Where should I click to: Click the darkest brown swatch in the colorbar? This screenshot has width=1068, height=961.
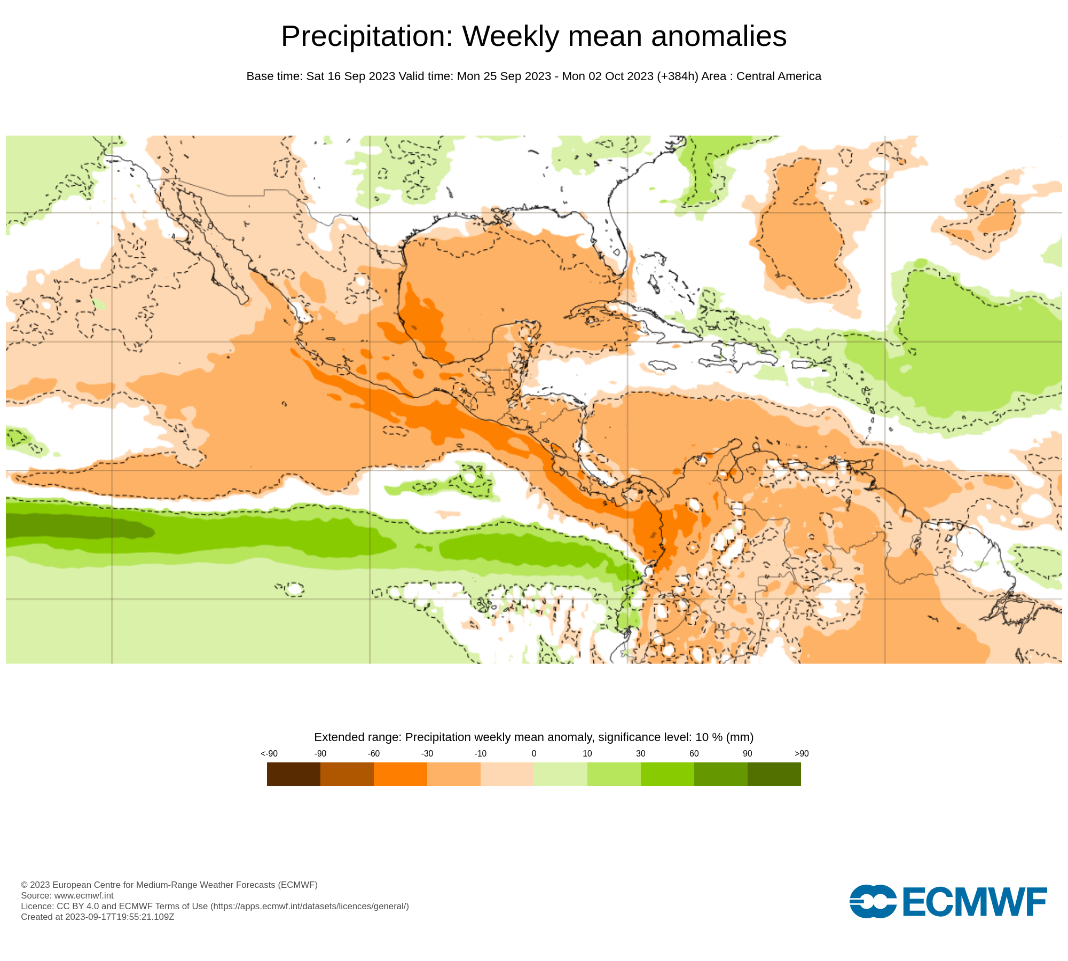point(293,774)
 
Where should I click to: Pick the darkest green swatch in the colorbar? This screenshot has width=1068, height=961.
point(774,774)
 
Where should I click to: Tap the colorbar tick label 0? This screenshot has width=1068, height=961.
point(534,754)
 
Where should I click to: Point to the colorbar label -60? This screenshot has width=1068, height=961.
point(374,754)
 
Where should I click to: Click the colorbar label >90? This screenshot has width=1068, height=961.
point(802,754)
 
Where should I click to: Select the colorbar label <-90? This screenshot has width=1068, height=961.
point(269,754)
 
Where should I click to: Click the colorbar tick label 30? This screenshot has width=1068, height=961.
point(641,754)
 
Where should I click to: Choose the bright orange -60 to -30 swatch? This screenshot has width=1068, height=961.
point(400,774)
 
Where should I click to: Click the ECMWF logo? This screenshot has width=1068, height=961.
point(948,902)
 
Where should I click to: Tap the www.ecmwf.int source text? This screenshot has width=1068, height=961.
point(84,895)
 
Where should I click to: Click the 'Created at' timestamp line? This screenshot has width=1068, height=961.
point(97,917)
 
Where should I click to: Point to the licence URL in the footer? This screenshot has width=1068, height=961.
point(310,906)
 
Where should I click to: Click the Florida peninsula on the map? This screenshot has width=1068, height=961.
point(614,235)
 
